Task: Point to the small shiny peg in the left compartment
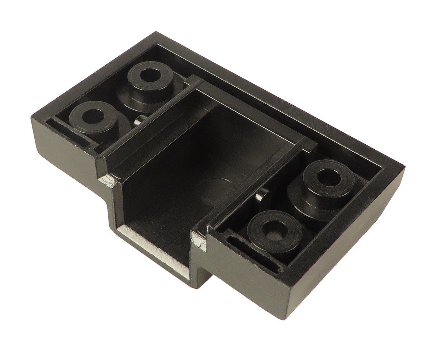140,120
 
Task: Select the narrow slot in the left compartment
70,131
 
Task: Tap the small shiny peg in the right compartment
263,194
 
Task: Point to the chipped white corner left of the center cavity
108,180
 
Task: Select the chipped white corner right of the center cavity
198,242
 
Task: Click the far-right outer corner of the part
405,168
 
